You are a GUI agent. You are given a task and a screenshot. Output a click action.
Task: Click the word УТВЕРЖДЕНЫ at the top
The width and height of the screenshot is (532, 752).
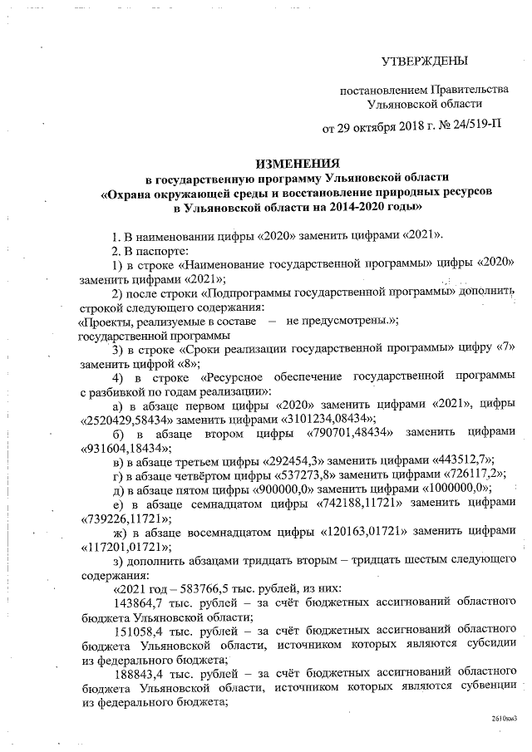coord(424,61)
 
